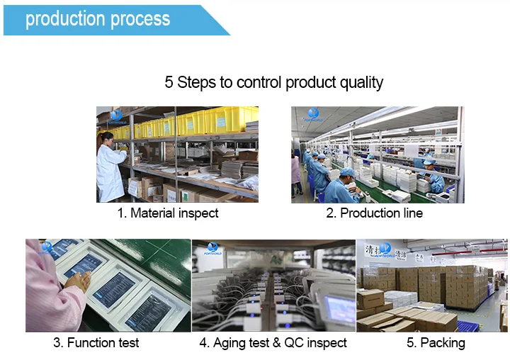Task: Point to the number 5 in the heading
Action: [x=169, y=82]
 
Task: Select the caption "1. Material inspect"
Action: [x=168, y=213]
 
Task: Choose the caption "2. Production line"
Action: [x=374, y=213]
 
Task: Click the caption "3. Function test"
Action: [x=96, y=343]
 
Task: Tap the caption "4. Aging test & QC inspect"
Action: [x=273, y=343]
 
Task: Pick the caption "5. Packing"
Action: [x=436, y=343]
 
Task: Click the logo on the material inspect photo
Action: [x=116, y=115]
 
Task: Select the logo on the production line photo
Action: [x=312, y=115]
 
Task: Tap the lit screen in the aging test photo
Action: [x=339, y=309]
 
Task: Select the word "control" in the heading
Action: [x=259, y=82]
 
